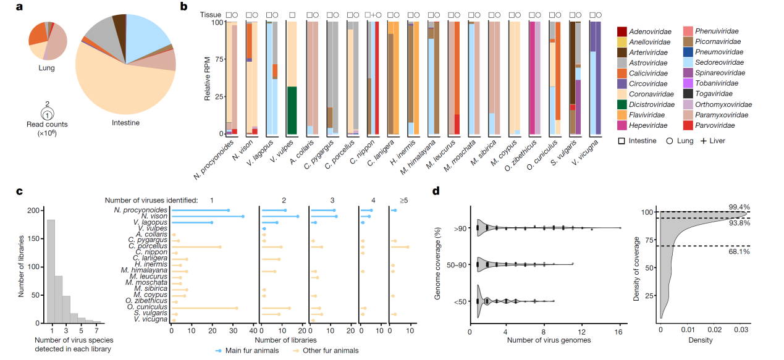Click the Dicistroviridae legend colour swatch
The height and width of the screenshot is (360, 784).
622,104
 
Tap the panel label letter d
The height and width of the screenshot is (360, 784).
436,191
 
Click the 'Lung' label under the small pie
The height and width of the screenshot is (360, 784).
46,67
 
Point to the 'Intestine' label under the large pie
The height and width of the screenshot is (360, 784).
125,122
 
